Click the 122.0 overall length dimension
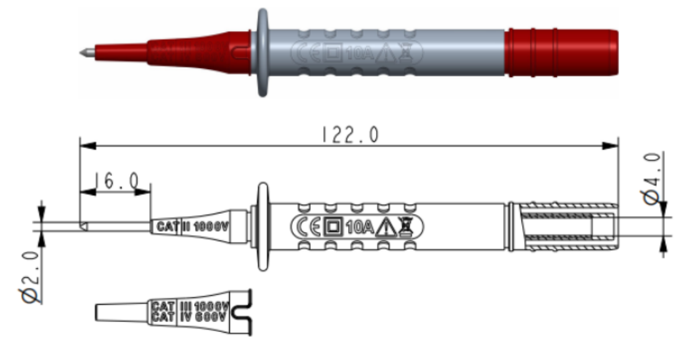(348, 135)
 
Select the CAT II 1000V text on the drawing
(193, 226)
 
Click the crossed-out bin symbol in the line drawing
(405, 227)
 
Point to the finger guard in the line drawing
(262, 226)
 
